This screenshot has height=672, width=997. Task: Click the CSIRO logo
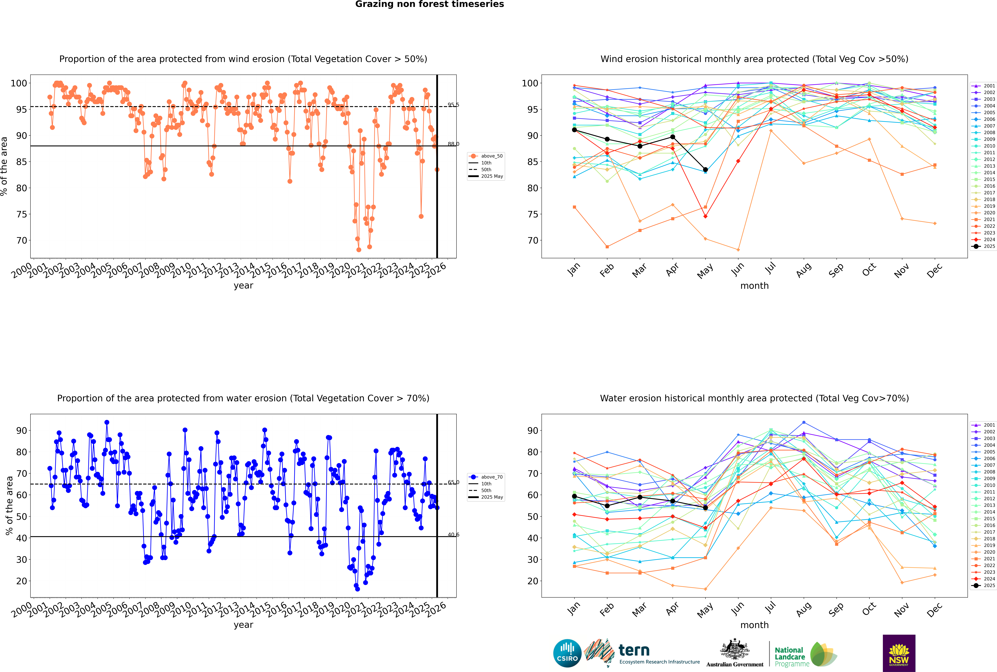[x=567, y=653]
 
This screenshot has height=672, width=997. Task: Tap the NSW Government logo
[x=899, y=653]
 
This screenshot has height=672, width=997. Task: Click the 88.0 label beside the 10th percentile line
[x=453, y=144]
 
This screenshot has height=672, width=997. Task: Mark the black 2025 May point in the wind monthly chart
[x=705, y=170]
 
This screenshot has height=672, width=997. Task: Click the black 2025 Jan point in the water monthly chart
[x=574, y=496]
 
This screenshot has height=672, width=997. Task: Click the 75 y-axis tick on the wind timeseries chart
[x=21, y=214]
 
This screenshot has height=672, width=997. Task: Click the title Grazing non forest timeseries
[x=430, y=4]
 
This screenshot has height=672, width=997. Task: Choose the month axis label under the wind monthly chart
[x=754, y=286]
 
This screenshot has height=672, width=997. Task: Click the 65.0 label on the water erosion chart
[x=453, y=482]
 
